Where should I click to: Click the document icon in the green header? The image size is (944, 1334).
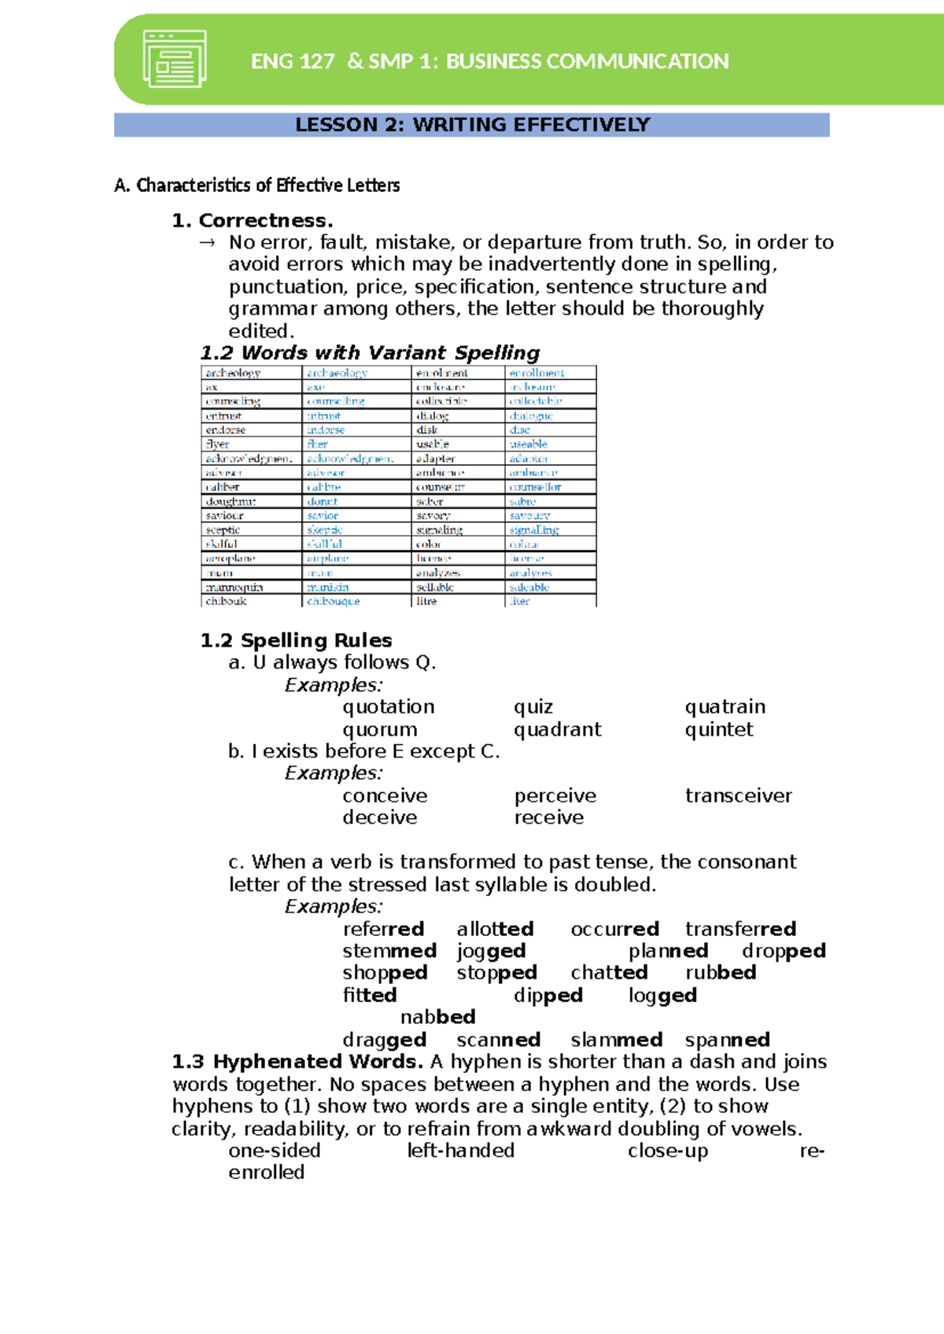tap(175, 59)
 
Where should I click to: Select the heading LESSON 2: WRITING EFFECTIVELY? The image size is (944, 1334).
tap(472, 125)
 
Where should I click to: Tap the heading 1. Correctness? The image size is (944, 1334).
tap(253, 220)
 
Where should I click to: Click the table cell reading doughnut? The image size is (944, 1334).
tap(230, 502)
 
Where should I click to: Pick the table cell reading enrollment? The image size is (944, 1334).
tap(537, 373)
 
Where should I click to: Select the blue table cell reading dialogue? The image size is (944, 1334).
tap(531, 416)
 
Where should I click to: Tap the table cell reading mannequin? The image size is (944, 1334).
tap(234, 588)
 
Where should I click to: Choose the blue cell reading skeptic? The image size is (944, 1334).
tap(325, 530)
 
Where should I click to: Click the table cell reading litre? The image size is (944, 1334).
tap(426, 601)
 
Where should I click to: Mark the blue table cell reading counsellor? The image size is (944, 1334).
tap(535, 488)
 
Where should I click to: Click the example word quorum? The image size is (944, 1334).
tap(380, 730)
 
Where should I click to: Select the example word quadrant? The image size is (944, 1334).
tap(557, 730)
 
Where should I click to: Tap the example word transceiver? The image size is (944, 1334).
tap(738, 796)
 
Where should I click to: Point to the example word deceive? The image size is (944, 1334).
tap(380, 818)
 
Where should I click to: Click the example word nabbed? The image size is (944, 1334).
tap(437, 1017)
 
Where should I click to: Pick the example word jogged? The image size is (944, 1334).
tap(491, 951)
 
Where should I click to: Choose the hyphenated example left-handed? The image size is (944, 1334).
tap(460, 1151)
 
